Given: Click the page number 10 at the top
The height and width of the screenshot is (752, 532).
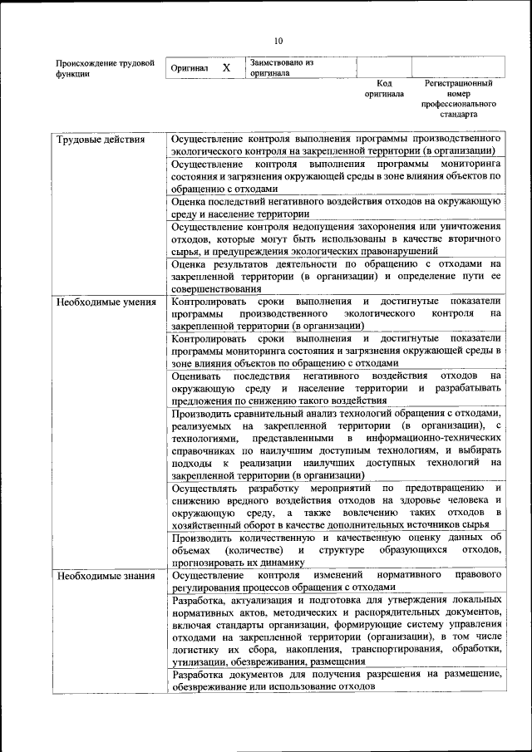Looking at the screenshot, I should coord(278,41).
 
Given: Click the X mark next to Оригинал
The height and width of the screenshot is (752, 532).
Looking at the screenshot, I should coord(226,67).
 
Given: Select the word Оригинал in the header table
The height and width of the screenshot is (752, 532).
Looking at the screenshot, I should coord(189,67).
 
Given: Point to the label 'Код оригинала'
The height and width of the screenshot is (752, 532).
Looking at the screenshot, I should coord(384,89).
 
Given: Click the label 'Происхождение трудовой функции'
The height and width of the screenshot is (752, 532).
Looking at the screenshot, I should coord(105,67).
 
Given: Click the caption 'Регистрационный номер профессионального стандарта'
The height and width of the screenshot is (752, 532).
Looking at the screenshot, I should coord(458,99).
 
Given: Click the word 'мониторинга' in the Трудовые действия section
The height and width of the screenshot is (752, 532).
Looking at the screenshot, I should coord(470,165).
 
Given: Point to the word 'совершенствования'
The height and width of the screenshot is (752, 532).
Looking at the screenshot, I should coord(219,288).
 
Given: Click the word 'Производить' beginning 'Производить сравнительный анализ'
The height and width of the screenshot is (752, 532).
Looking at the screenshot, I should coord(204,413).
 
